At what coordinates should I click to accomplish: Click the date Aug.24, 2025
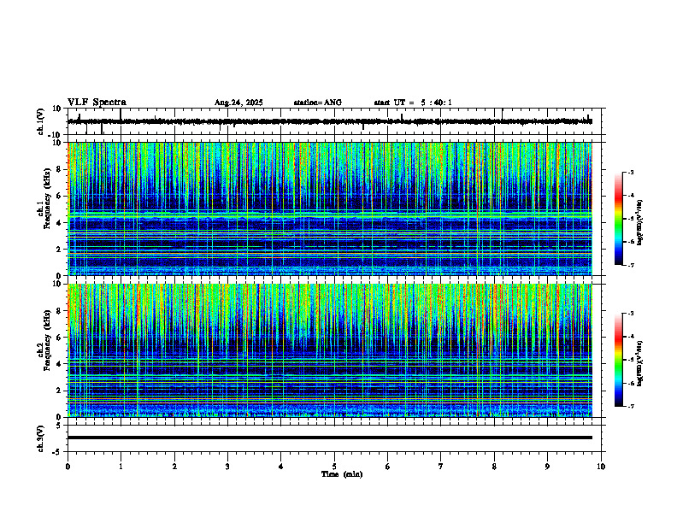tap(238, 103)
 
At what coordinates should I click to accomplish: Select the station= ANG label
tap(317, 103)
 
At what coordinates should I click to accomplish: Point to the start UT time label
tap(413, 103)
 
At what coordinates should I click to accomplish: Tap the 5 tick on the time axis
tap(334, 466)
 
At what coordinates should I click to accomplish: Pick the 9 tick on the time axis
tap(548, 466)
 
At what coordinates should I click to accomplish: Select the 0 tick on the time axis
tap(68, 466)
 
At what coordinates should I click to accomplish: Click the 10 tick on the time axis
tap(601, 466)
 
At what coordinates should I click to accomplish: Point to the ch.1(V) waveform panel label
tap(41, 122)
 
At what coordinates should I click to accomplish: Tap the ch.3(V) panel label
tap(41, 438)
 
